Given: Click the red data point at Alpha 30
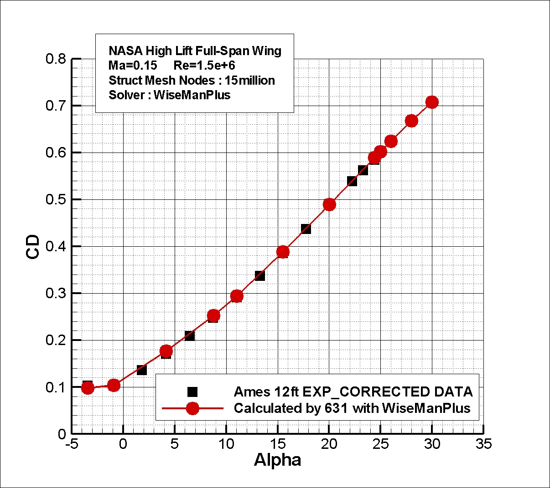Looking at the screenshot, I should pos(432,102).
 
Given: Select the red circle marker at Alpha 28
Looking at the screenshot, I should pos(411,121).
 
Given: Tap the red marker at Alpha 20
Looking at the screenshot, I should pos(329,204).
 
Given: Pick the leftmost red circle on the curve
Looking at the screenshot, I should pos(88,388).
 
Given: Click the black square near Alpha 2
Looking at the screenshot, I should pos(142,370).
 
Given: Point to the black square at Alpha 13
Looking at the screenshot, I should pos(260,275).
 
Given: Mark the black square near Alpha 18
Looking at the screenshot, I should pos(306,229).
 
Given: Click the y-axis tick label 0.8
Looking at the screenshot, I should pos(56,59).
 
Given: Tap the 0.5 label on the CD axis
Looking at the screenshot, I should pos(56,200).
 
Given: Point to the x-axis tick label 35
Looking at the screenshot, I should pos(483,444).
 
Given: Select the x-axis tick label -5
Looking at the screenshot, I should pos(71,444).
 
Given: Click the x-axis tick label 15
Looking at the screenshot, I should pos(277,444).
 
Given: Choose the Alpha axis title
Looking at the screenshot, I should pos(277,460).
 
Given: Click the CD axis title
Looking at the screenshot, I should pos(33,247).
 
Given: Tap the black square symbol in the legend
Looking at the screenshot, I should pos(192,392).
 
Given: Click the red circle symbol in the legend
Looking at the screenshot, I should pos(192,408).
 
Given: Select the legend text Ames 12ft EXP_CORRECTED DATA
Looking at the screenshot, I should pos(353,392).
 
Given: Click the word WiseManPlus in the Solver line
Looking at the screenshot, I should pos(192,95).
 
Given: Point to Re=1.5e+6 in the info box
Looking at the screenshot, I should pos(204,65).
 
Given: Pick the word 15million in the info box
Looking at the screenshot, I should pos(250,81).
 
